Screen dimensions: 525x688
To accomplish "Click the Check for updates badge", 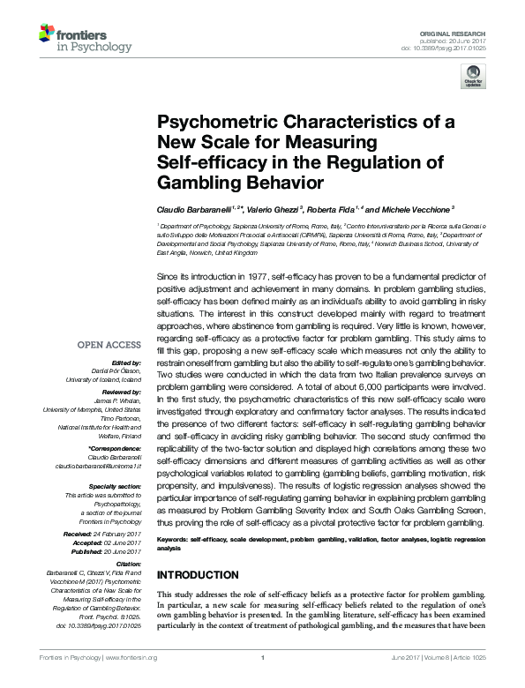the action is pyautogui.click(x=473, y=80).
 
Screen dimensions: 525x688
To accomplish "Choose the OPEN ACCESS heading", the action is pyautogui.click(x=109, y=345).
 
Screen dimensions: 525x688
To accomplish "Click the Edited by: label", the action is pyautogui.click(x=126, y=363).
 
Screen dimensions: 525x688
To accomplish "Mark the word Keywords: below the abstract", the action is pyautogui.click(x=172, y=537).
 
